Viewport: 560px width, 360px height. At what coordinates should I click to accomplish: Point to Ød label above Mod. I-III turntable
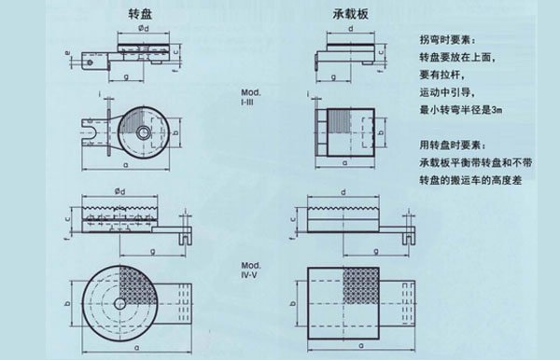click(141, 36)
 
